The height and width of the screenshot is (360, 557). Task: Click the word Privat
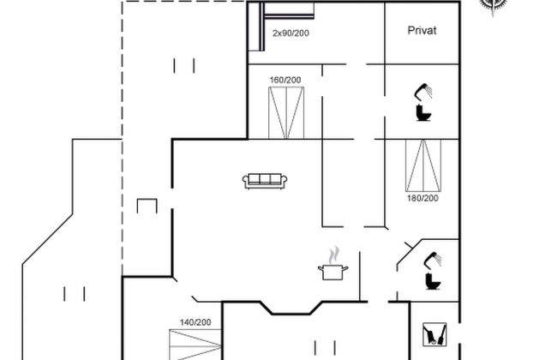point(422,30)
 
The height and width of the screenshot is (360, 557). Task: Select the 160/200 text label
point(285,80)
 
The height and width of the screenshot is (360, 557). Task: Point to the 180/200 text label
point(422,198)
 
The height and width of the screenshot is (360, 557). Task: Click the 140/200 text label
point(195,321)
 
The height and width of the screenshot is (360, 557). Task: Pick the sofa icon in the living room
point(266,180)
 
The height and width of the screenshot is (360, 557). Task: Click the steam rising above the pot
point(334,255)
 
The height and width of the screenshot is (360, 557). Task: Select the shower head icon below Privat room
point(422,89)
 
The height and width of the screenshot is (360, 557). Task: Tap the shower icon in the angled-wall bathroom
point(436,257)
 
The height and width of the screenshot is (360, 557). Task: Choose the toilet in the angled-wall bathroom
point(430,280)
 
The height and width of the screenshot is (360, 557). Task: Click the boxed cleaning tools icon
point(434,333)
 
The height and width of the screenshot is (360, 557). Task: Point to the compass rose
point(492,5)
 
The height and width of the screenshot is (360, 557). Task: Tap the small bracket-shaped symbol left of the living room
point(147,207)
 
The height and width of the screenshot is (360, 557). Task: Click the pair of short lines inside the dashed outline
point(184,64)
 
